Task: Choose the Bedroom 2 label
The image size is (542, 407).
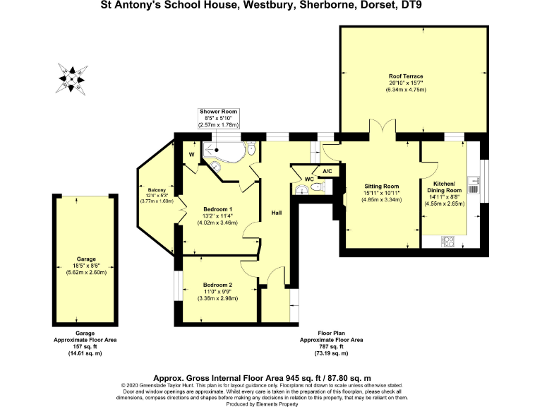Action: coord(217,285)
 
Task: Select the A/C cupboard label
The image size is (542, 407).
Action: coord(327,171)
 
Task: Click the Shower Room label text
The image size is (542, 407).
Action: coord(219,112)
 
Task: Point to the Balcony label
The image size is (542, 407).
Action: coord(157,190)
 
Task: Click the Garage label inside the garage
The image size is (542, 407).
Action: coord(86,259)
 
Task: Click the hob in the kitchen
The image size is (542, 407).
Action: coord(448,241)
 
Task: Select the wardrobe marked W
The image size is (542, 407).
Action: coord(191,154)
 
